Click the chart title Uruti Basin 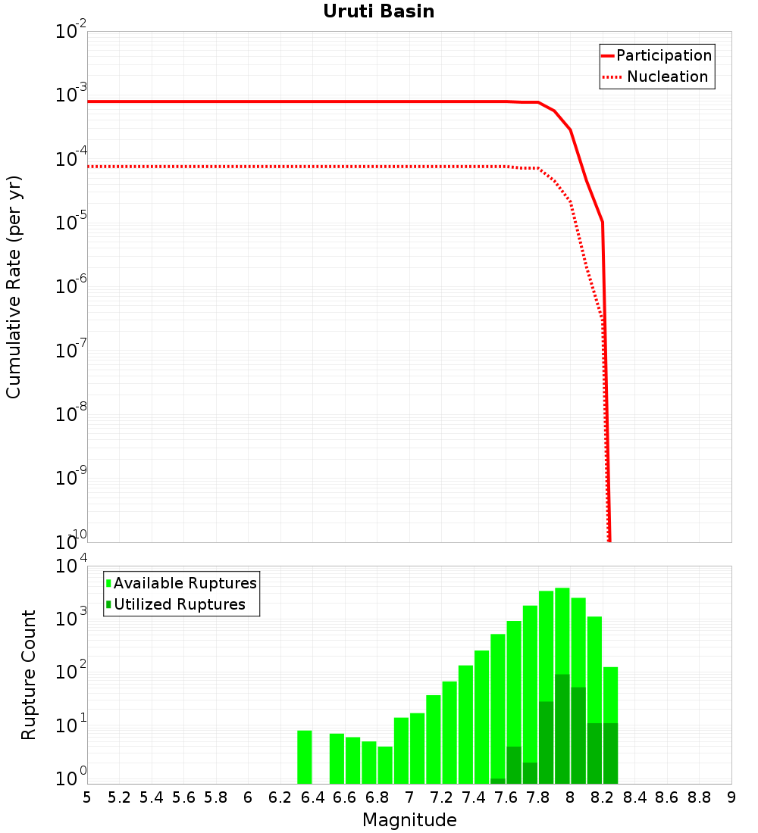pyautogui.click(x=378, y=11)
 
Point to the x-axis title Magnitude pyautogui.click(x=409, y=820)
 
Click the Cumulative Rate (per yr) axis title pyautogui.click(x=14, y=287)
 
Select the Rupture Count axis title pyautogui.click(x=29, y=675)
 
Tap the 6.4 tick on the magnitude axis pyautogui.click(x=312, y=797)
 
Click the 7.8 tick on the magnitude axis pyautogui.click(x=538, y=797)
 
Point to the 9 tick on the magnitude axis pyautogui.click(x=731, y=797)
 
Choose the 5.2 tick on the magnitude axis pyautogui.click(x=119, y=797)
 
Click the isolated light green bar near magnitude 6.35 pyautogui.click(x=305, y=757)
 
